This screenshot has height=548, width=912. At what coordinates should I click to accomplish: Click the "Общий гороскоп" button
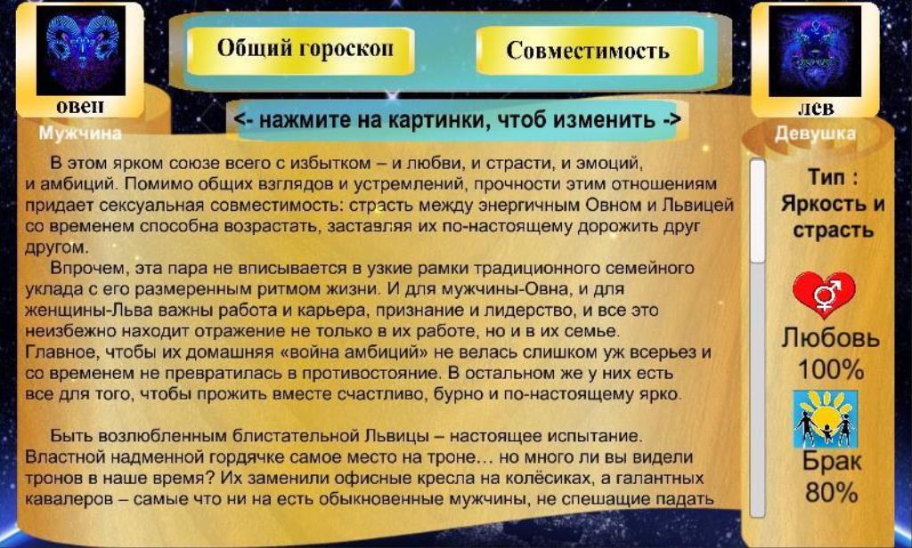pyautogui.click(x=301, y=50)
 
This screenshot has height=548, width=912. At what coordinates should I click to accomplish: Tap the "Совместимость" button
pyautogui.click(x=588, y=51)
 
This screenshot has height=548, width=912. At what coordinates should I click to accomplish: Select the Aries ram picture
pyautogui.click(x=81, y=51)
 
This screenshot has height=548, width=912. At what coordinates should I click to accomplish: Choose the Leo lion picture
pyautogui.click(x=814, y=51)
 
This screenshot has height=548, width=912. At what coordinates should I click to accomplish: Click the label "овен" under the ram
pyautogui.click(x=80, y=107)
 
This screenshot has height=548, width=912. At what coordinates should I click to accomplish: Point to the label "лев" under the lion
pyautogui.click(x=816, y=109)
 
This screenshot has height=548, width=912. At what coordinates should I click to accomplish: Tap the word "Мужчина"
pyautogui.click(x=80, y=133)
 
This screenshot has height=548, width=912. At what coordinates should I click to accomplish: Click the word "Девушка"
pyautogui.click(x=815, y=133)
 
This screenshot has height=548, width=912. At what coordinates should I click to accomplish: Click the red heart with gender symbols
pyautogui.click(x=824, y=294)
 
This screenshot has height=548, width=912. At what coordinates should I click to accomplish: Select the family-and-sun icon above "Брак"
pyautogui.click(x=826, y=419)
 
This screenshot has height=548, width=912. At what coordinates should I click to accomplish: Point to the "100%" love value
pyautogui.click(x=830, y=369)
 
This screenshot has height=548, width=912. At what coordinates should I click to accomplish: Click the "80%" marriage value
pyautogui.click(x=831, y=493)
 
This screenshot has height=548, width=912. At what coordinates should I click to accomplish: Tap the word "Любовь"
pyautogui.click(x=830, y=338)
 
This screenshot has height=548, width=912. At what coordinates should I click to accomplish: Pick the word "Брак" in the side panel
pyautogui.click(x=832, y=462)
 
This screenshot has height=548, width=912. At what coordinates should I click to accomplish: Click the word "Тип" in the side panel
pyautogui.click(x=826, y=177)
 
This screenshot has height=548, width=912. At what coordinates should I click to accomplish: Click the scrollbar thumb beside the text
pyautogui.click(x=757, y=211)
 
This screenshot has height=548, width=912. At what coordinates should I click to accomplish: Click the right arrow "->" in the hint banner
pyautogui.click(x=672, y=120)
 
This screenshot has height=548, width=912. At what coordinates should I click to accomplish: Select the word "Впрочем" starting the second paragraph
pyautogui.click(x=89, y=269)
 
